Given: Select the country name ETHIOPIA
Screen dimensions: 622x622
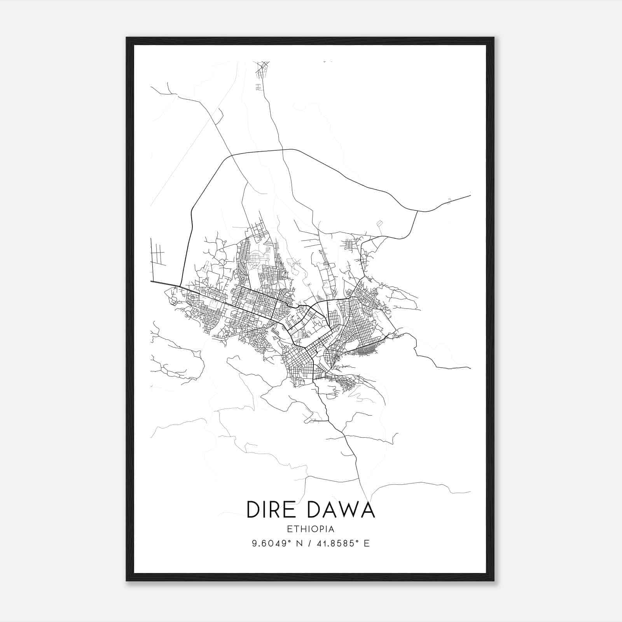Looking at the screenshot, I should pos(311,529).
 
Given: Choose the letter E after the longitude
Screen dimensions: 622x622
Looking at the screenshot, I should pos(366,543).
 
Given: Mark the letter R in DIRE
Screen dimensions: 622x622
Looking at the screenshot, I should pos(275,510).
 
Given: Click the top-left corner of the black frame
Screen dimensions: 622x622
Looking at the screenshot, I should pos(127,38).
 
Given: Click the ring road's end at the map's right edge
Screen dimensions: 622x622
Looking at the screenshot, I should pos(470,196).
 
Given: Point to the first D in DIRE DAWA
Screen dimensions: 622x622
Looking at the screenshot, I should pos(253,510).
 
